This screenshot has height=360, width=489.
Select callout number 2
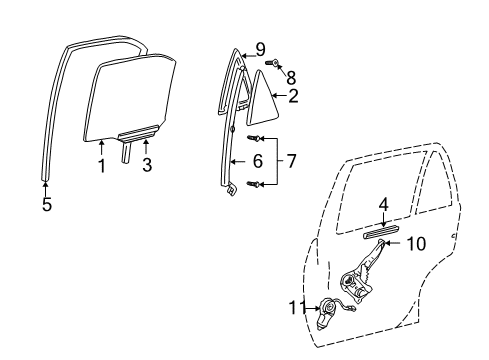(293, 97)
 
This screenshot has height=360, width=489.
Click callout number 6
(258, 159)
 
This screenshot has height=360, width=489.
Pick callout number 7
(291, 159)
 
